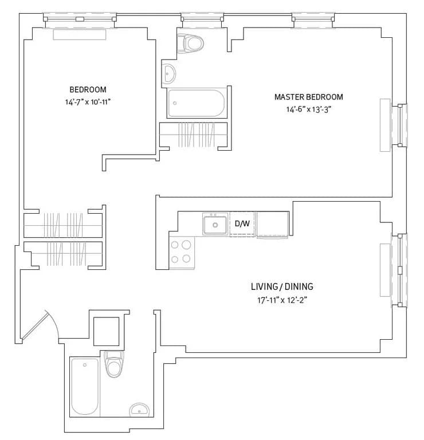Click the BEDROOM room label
pos(88,89)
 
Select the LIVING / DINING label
pos(282,286)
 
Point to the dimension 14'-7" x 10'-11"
pos(88,102)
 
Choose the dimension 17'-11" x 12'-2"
pos(282,300)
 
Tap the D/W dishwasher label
pos(242,223)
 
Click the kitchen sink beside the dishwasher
pos(216,224)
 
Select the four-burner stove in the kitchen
pos(182,252)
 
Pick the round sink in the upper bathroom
pos(170,73)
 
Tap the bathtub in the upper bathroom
pos(197,104)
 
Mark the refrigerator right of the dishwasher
pos(272,224)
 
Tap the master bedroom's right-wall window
pos(402,125)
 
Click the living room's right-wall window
pos(402,270)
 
